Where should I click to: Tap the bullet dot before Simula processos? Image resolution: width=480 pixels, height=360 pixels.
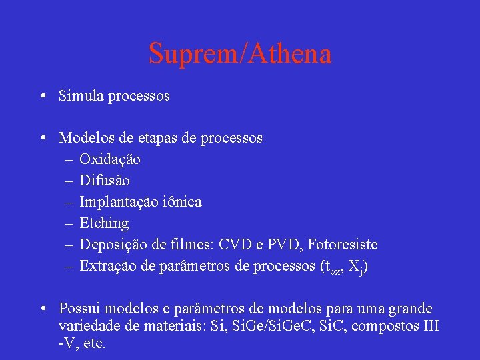pyautogui.click(x=43, y=96)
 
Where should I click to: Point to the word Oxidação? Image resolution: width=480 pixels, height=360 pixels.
pyautogui.click(x=110, y=159)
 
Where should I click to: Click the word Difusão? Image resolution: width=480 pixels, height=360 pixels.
pyautogui.click(x=105, y=181)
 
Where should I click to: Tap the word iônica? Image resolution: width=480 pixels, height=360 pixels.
pyautogui.click(x=181, y=202)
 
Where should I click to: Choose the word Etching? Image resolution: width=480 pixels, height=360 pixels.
pyautogui.click(x=104, y=223)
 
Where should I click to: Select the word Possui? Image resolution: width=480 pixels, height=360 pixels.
pyautogui.click(x=79, y=309)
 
